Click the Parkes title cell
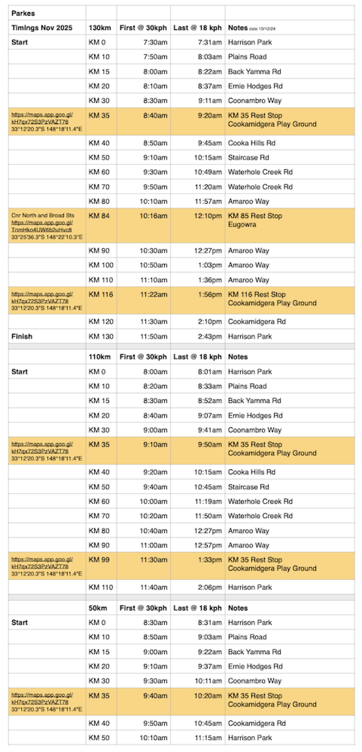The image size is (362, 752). (23, 13)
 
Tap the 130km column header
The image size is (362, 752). (100, 28)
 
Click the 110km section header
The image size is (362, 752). (100, 357)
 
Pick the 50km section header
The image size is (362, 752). (98, 608)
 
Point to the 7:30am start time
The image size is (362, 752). (155, 42)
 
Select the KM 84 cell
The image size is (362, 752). (99, 216)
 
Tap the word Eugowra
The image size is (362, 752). (242, 224)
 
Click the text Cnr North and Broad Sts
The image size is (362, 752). (43, 215)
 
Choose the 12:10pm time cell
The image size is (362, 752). (208, 216)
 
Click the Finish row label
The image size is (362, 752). (22, 336)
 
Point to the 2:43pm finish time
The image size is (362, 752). (210, 336)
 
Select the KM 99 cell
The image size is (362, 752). (99, 560)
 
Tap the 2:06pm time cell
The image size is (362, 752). (210, 587)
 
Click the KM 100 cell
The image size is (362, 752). (101, 265)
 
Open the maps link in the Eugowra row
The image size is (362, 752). (42, 226)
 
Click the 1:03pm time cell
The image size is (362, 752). (210, 265)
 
